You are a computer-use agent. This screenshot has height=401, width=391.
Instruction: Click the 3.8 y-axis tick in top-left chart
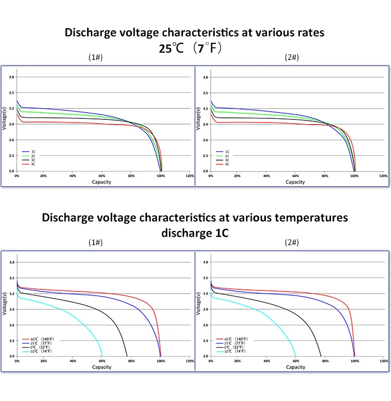[x=11, y=77]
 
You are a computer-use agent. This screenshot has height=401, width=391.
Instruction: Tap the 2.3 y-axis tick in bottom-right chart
[x=205, y=341]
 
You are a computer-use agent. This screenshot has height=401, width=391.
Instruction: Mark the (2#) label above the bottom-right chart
[x=292, y=242]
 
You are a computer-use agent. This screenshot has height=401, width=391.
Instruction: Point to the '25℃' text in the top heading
[x=169, y=48]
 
